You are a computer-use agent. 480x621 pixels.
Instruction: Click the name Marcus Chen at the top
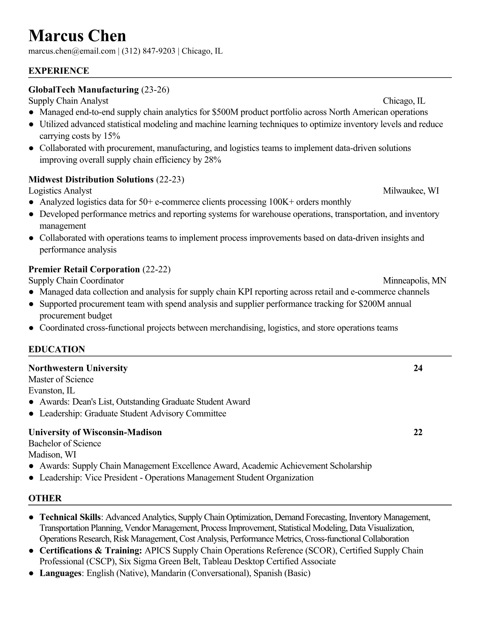pyautogui.click(x=77, y=36)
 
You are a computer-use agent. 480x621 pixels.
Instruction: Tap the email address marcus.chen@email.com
pyautogui.click(x=72, y=51)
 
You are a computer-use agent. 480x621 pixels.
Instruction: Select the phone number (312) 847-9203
pyautogui.click(x=148, y=51)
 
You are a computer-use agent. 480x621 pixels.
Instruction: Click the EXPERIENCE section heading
pyautogui.click(x=59, y=71)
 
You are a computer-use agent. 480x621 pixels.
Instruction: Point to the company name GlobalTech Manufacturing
pyautogui.click(x=84, y=90)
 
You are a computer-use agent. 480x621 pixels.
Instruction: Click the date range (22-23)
pyautogui.click(x=170, y=180)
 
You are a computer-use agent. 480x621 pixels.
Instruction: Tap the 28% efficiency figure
pyautogui.click(x=213, y=160)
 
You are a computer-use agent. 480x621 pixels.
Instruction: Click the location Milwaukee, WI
pyautogui.click(x=411, y=191)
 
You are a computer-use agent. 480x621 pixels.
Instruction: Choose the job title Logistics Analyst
pyautogui.click(x=60, y=191)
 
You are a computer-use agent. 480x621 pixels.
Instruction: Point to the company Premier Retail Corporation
pyautogui.click(x=84, y=269)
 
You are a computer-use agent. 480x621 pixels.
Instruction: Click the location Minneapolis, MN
pyautogui.click(x=414, y=281)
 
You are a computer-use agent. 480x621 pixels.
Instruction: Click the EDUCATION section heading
pyautogui.click(x=56, y=349)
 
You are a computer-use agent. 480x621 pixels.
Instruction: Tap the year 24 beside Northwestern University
pyautogui.click(x=418, y=368)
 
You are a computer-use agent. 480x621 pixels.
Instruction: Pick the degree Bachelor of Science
pyautogui.click(x=64, y=443)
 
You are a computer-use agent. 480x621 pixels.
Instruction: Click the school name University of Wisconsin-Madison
pyautogui.click(x=95, y=432)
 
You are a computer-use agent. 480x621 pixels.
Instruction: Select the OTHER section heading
pyautogui.click(x=45, y=498)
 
